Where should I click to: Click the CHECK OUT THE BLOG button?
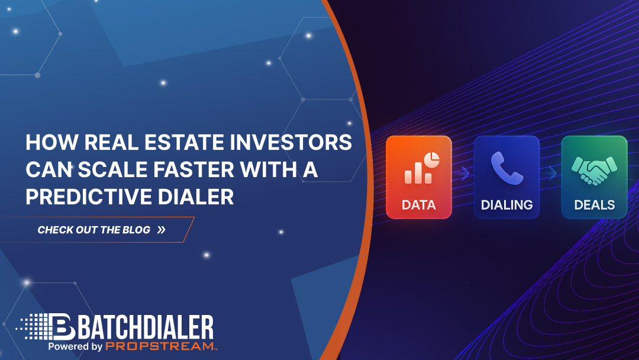pyautogui.click(x=101, y=230)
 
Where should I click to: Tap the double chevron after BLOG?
pyautogui.click(x=162, y=230)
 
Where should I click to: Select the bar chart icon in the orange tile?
pyautogui.click(x=414, y=172)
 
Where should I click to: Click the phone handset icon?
pyautogui.click(x=506, y=168)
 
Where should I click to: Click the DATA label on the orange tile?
pyautogui.click(x=418, y=205)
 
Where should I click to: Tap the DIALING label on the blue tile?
pyautogui.click(x=506, y=205)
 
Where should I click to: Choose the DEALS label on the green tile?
pyautogui.click(x=594, y=205)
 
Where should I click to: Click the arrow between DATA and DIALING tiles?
pyautogui.click(x=464, y=173)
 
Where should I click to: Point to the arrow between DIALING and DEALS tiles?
pyautogui.click(x=551, y=173)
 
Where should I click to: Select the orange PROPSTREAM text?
pyautogui.click(x=159, y=346)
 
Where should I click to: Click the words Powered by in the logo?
pyautogui.click(x=75, y=346)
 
